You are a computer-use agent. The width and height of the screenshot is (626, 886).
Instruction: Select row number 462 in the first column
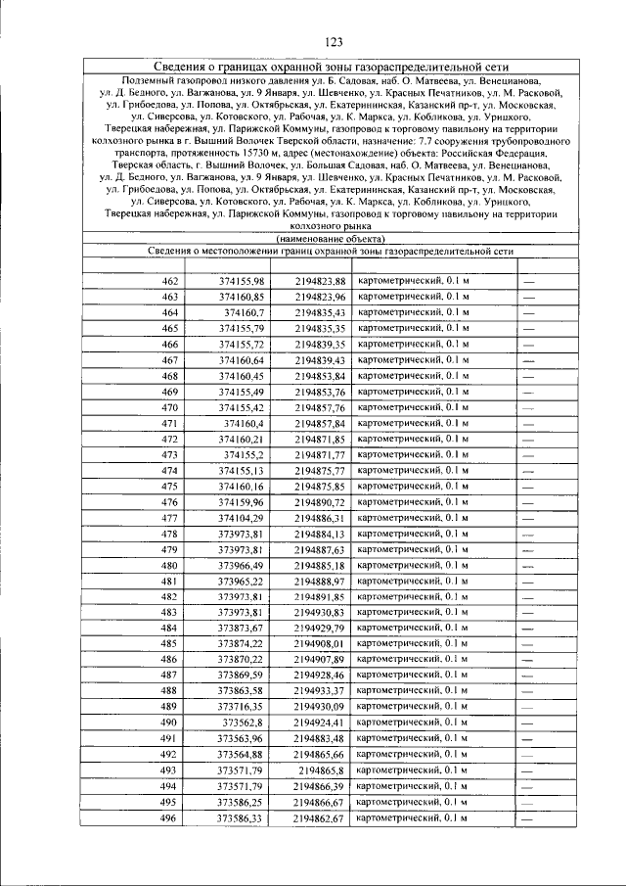(x=169, y=281)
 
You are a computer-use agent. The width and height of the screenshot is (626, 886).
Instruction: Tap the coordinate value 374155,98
(x=242, y=281)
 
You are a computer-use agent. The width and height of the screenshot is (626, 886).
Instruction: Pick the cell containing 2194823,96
(x=320, y=297)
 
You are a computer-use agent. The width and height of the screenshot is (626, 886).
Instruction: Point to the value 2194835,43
(x=320, y=312)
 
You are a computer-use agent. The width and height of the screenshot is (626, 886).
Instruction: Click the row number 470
(x=169, y=407)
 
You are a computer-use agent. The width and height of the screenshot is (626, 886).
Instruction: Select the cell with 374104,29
(x=242, y=517)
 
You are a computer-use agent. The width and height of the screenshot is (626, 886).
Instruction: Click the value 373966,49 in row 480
(x=242, y=565)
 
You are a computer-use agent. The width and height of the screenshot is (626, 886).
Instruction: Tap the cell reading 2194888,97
(x=320, y=581)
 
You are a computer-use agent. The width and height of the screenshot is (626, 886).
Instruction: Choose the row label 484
(x=169, y=628)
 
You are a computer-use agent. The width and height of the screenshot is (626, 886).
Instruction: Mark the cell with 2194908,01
(x=320, y=643)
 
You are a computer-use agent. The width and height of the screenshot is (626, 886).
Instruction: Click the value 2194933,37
(x=320, y=691)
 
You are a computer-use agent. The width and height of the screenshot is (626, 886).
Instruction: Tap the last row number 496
(x=169, y=817)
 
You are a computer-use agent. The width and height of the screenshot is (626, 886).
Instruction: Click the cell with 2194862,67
(x=320, y=817)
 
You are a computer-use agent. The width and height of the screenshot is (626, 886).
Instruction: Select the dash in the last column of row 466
(x=529, y=345)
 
